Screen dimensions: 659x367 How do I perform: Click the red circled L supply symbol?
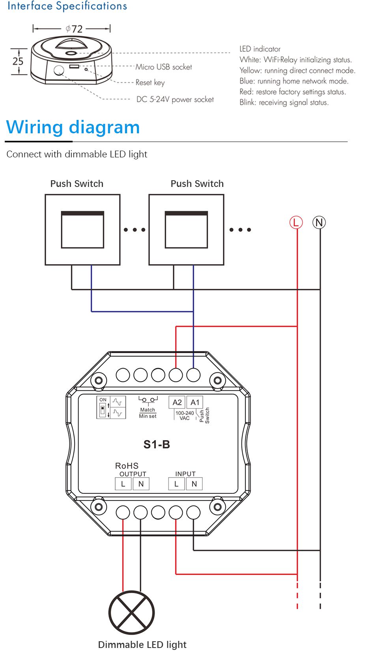tap(296, 222)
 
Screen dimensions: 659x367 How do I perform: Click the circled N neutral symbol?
tap(319, 222)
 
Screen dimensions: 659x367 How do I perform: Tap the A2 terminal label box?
tap(177, 402)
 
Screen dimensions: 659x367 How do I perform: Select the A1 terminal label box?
tap(195, 402)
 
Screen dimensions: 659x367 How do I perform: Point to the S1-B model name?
tap(157, 444)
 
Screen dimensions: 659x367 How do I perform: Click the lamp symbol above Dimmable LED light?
tap(131, 612)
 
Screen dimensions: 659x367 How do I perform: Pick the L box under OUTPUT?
tap(123, 484)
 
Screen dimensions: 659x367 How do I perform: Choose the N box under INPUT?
tap(194, 484)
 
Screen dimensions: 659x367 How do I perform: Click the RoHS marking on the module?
tap(127, 466)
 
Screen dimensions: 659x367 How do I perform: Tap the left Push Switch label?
tap(77, 184)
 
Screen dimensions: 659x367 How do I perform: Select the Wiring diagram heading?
tap(73, 127)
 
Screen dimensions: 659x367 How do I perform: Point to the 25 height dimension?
tap(18, 61)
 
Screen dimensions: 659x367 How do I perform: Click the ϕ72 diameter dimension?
tap(74, 29)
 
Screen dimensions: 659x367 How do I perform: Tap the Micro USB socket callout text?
tap(164, 67)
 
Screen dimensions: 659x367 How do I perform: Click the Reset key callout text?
tap(150, 82)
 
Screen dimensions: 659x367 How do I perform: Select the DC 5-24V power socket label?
tap(175, 99)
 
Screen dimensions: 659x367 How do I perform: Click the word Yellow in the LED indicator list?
tap(250, 71)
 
